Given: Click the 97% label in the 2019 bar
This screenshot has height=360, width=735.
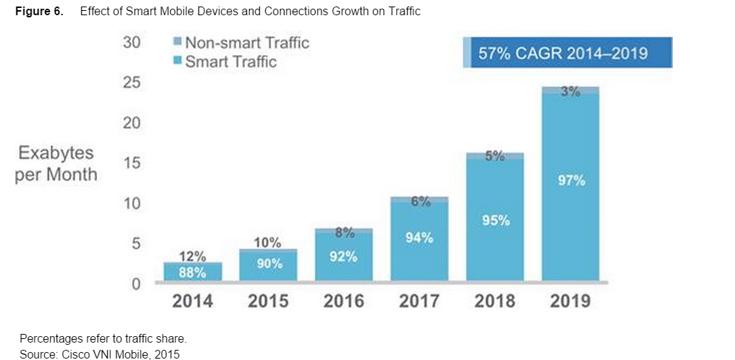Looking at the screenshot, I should coord(571,180).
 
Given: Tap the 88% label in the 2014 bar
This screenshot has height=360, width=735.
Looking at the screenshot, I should coord(193,272).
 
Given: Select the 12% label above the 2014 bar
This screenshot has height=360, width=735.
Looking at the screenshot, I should coord(193,256).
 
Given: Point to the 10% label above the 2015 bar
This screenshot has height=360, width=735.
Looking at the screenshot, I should coord(269,243).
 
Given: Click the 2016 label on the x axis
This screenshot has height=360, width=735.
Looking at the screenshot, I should coord(344,301).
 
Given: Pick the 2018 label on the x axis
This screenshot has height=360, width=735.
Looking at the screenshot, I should coord(495,301).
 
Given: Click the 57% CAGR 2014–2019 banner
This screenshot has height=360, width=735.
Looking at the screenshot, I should coord(568,53).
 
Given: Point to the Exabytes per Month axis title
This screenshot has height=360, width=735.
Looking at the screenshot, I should coord(56,164).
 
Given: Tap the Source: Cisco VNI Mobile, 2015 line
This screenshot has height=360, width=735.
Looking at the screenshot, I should coord(99,353).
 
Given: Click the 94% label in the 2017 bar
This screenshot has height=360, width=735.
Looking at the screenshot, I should coord(419,237).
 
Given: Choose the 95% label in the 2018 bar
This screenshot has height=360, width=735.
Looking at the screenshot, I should coord(495,220).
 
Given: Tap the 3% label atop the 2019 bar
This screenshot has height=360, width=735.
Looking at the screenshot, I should coord(571,93).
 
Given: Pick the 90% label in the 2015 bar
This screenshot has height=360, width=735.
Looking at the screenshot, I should coord(269,264).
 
